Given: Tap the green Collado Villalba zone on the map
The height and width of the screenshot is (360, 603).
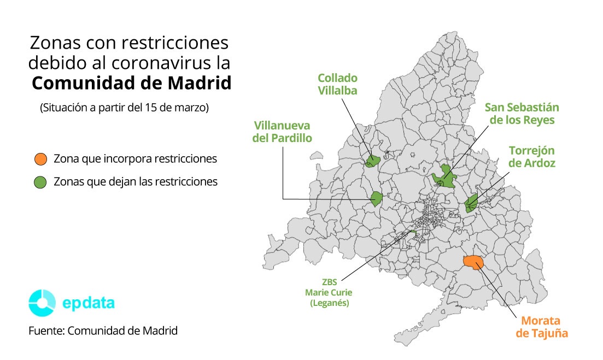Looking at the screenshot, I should (x=373, y=160).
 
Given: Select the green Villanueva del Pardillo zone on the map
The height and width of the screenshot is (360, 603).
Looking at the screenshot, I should (x=376, y=199).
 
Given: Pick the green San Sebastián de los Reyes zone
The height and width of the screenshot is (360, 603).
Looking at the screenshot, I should (x=444, y=177).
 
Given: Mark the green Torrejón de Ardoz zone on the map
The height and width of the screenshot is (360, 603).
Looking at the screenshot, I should (x=471, y=203).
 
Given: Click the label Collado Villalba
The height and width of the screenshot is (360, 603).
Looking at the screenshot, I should (x=338, y=84).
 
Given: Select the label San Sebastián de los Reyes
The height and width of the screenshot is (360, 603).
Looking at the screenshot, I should (x=522, y=114).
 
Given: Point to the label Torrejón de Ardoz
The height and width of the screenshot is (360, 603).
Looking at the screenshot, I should (x=531, y=157).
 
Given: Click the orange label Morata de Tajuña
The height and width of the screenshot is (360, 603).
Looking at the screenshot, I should (x=542, y=327).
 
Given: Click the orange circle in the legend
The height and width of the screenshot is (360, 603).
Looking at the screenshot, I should (x=40, y=160).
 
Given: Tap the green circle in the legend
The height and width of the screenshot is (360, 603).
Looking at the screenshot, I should (x=40, y=182).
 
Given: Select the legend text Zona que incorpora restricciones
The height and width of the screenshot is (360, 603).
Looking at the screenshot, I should (x=135, y=159).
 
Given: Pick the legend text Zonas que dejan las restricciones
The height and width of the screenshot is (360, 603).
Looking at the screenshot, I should (x=136, y=182).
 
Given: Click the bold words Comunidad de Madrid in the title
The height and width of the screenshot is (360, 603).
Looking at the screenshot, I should (x=131, y=84).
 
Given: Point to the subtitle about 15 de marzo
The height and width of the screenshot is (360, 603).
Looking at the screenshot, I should (x=124, y=108).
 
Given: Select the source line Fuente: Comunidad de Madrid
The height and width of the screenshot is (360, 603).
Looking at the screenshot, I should (x=103, y=331).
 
